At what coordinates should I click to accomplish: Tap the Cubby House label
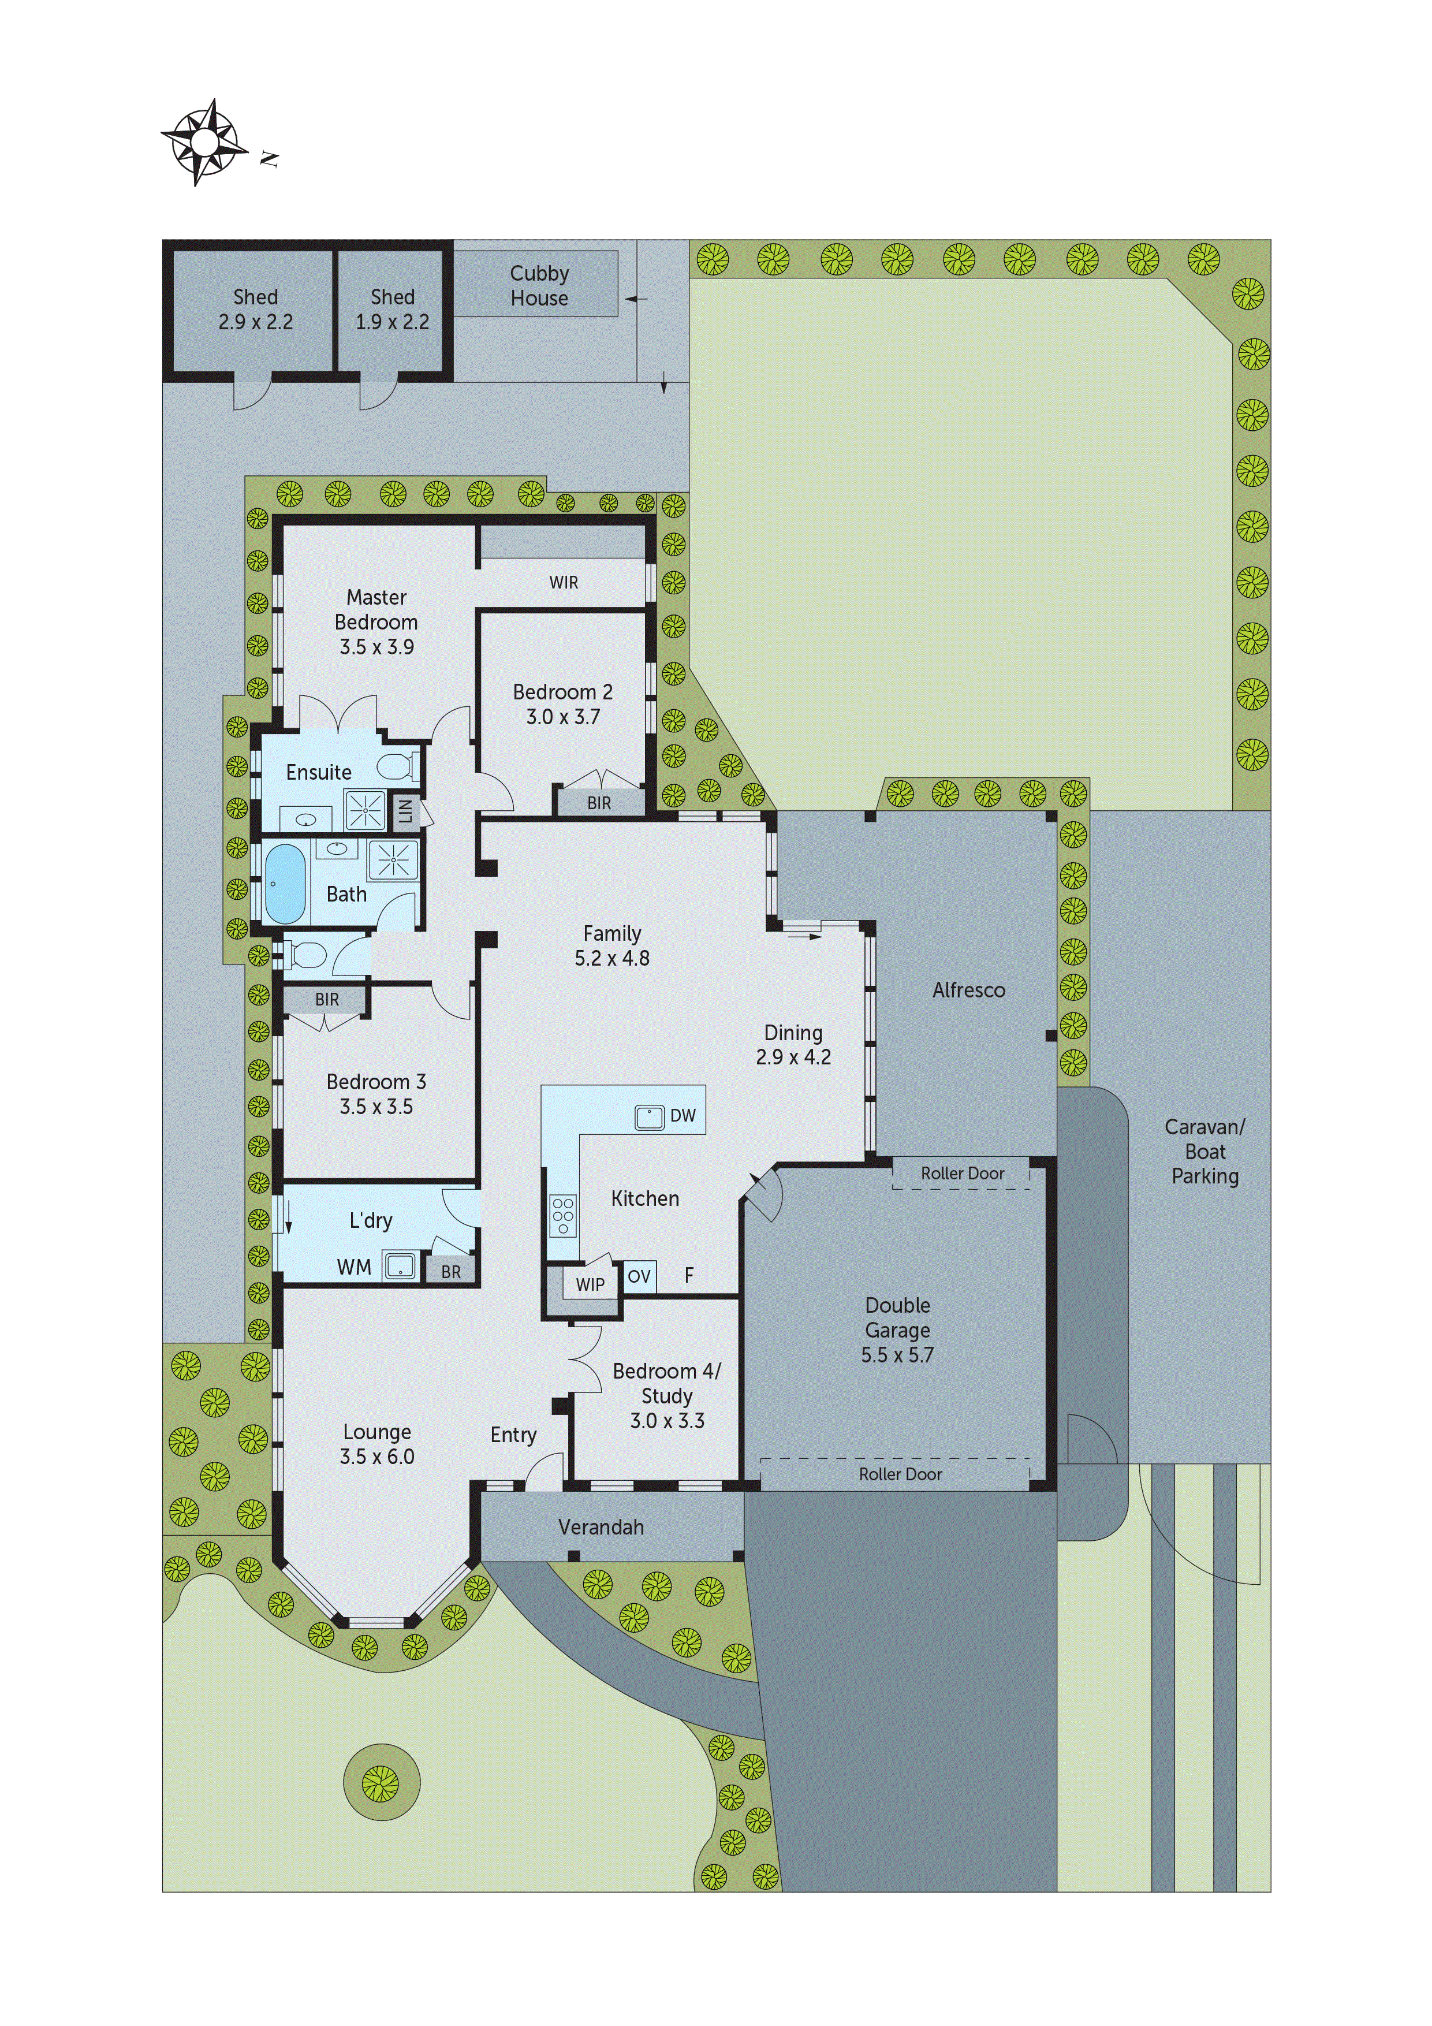point(539,285)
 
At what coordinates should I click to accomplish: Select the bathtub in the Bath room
point(285,883)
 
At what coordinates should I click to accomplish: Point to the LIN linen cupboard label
point(405,809)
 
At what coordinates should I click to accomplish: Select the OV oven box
point(639,1276)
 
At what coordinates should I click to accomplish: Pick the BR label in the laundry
point(451,1272)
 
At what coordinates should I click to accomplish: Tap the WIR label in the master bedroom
point(564,582)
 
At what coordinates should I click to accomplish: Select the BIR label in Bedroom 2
point(599,803)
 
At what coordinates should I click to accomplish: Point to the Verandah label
point(601,1526)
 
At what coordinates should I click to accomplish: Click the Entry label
point(513,1435)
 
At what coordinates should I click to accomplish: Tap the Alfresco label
point(969,990)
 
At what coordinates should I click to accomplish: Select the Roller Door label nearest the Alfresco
point(963,1173)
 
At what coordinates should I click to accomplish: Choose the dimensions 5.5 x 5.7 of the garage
point(897,1354)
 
